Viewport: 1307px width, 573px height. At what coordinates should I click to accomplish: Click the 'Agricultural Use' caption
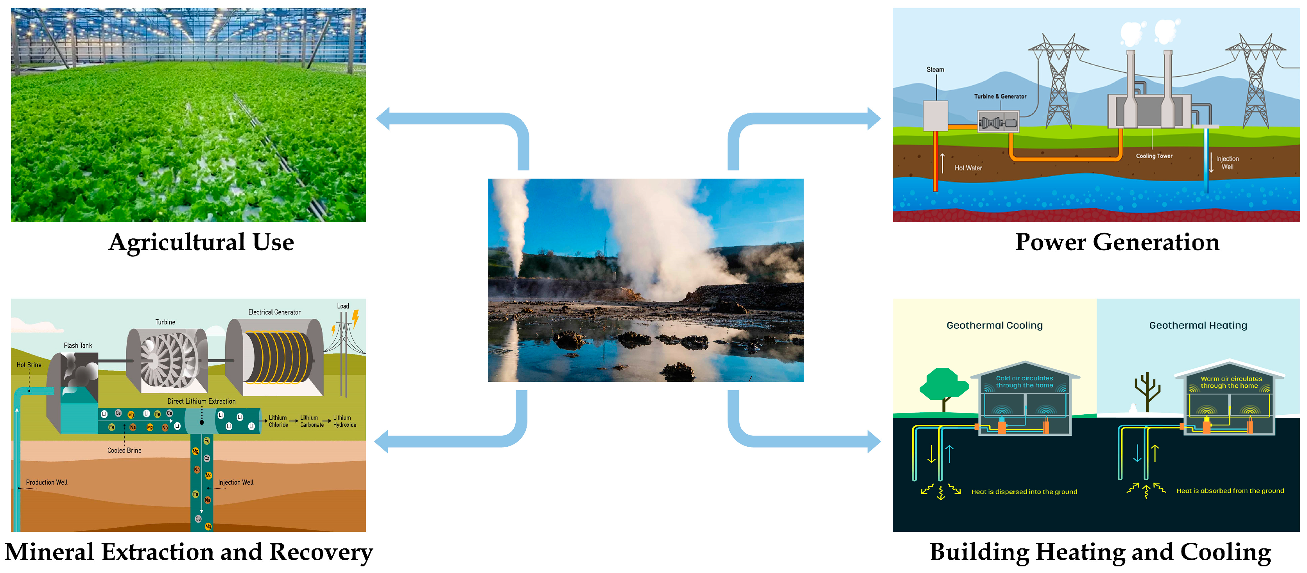(x=201, y=242)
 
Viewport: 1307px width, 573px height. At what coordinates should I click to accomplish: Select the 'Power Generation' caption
(x=1117, y=242)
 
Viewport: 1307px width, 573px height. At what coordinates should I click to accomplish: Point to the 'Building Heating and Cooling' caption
(x=1100, y=552)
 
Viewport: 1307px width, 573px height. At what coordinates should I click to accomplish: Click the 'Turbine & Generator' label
(x=1000, y=96)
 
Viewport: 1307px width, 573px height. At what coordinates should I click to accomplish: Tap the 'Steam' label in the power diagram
(x=935, y=70)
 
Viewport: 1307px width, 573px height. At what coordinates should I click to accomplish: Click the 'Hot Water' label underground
(x=968, y=168)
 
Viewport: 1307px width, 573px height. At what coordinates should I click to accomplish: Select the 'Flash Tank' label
(x=78, y=345)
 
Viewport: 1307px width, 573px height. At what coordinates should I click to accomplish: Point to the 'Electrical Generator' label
(x=274, y=312)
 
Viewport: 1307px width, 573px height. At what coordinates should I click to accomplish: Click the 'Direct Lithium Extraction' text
(x=201, y=401)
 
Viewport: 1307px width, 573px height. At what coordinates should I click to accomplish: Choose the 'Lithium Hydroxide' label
(x=344, y=421)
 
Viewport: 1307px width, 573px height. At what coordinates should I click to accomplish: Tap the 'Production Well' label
(x=47, y=482)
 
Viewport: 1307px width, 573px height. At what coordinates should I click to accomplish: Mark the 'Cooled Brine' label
(x=124, y=450)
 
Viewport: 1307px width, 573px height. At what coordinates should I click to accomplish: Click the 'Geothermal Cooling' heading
(x=995, y=326)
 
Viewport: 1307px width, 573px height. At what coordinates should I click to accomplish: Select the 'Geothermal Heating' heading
(x=1198, y=326)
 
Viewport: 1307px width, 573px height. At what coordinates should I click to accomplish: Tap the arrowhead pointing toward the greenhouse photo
(x=384, y=119)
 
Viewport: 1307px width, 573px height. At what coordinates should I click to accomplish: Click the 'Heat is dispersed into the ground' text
(x=1024, y=492)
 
